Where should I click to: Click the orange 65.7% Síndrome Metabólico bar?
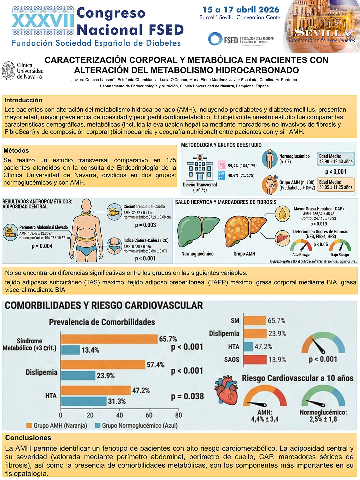click(109, 339)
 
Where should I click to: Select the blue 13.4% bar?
click(70, 350)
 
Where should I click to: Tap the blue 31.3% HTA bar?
click(84, 401)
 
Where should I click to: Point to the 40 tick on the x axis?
click(120, 415)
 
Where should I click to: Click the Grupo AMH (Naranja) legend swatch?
click(29, 425)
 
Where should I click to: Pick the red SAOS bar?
click(255, 360)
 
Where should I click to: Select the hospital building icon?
click(200, 168)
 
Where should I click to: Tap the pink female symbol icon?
click(222, 165)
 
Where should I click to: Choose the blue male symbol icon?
click(222, 175)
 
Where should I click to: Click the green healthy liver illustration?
click(198, 233)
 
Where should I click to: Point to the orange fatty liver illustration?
click(245, 232)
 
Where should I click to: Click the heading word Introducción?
click(23, 100)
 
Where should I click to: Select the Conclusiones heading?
click(28, 438)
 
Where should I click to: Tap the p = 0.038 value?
click(187, 396)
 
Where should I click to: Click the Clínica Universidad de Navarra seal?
click(9, 71)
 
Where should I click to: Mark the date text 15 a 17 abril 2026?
click(241, 10)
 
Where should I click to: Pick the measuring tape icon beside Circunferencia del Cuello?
click(115, 212)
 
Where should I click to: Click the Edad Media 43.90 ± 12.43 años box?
click(336, 159)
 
